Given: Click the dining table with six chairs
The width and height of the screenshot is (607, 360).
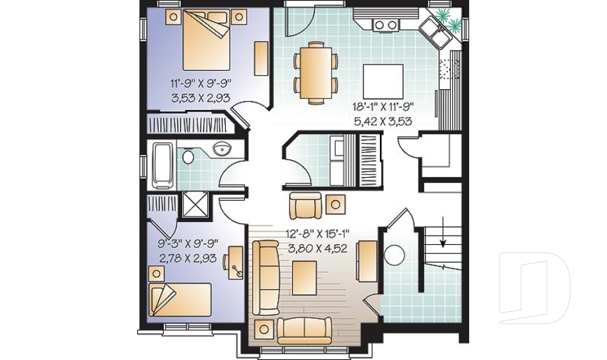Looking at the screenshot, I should pos(316,71).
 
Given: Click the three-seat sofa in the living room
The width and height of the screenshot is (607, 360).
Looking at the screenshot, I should pos(265,277).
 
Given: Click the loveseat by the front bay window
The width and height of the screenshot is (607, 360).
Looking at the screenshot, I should pos(304,328).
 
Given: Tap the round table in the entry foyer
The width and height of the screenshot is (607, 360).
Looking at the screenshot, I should pos(394,254).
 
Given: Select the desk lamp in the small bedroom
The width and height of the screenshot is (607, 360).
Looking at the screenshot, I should pos(238,270).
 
